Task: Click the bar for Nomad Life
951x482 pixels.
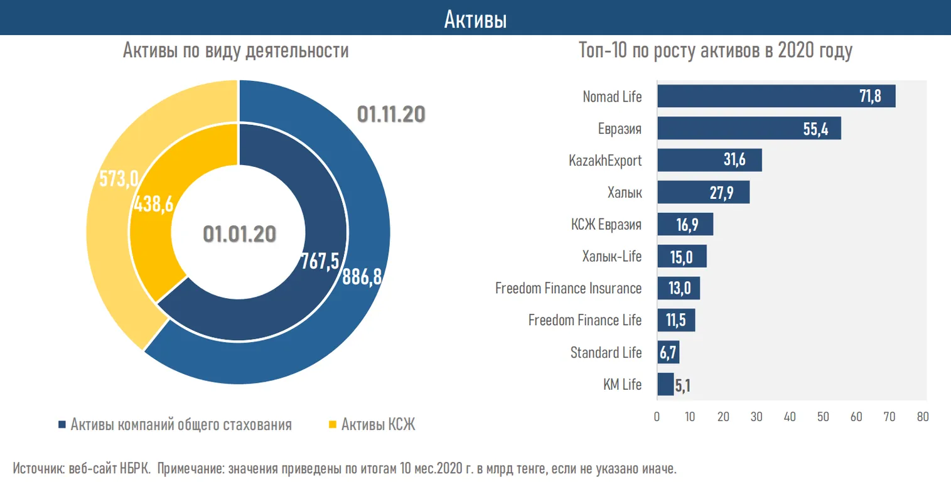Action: click(x=776, y=97)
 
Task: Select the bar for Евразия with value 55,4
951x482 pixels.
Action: click(x=748, y=129)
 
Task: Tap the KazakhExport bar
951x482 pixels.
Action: click(x=709, y=160)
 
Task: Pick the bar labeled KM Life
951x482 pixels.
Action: click(x=665, y=384)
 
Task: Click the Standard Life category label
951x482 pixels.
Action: click(x=606, y=352)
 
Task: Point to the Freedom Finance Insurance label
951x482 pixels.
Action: click(x=568, y=288)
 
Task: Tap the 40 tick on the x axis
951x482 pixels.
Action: click(x=790, y=416)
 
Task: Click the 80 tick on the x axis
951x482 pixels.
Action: click(x=922, y=416)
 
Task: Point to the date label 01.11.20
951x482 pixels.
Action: click(x=391, y=114)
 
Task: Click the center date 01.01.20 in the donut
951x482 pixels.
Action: click(x=239, y=233)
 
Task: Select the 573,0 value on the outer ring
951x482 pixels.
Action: click(x=119, y=179)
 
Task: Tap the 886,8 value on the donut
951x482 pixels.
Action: click(x=362, y=277)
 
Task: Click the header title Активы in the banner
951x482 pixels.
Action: click(x=475, y=19)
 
